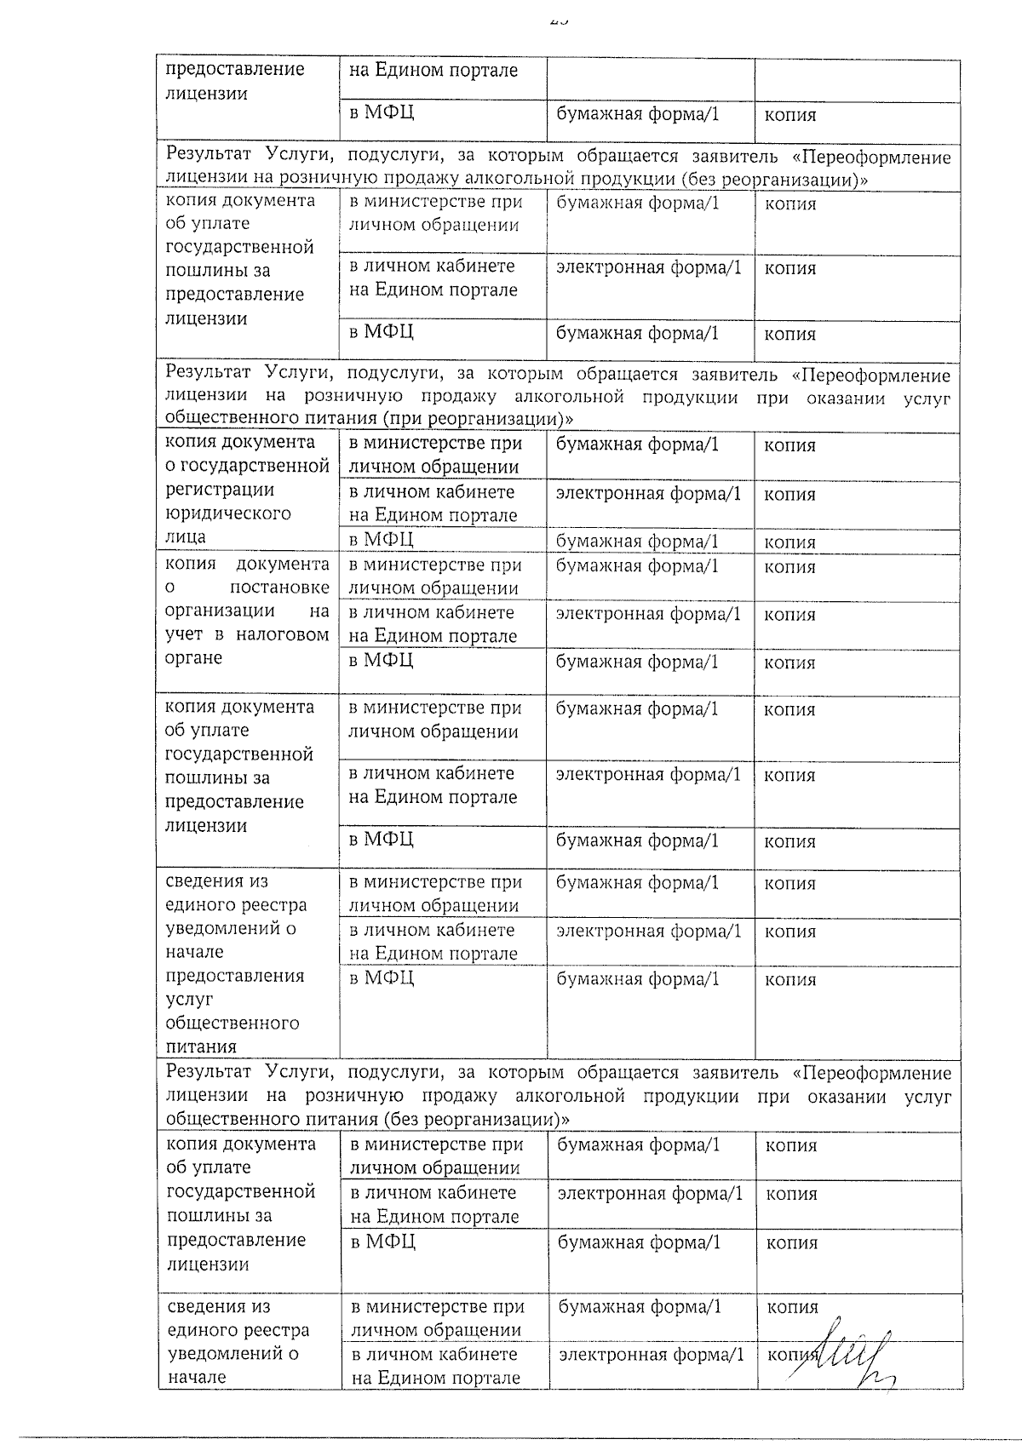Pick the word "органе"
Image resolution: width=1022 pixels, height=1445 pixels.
click(193, 658)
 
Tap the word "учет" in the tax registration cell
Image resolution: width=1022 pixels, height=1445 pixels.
click(185, 634)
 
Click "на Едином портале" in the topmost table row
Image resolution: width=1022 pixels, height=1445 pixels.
click(433, 71)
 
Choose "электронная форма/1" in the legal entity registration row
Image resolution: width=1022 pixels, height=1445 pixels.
click(648, 494)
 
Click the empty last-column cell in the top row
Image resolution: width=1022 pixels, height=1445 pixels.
click(857, 80)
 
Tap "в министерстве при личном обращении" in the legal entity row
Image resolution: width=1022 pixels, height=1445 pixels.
click(435, 455)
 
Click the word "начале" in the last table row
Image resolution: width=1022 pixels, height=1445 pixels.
click(198, 1377)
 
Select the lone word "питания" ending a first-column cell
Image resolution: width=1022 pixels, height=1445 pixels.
click(201, 1046)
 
